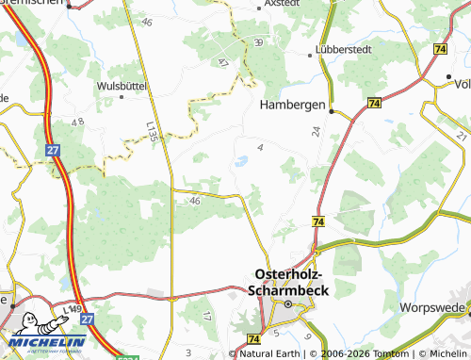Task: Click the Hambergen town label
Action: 292,105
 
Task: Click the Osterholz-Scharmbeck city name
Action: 289,282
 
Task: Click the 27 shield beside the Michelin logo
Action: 86,320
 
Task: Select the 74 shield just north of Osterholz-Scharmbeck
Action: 318,221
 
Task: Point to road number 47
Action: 223,62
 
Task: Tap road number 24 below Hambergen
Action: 317,133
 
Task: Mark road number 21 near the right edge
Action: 461,138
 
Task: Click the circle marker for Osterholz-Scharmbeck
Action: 288,305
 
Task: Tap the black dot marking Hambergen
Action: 332,110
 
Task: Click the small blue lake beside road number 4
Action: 240,161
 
